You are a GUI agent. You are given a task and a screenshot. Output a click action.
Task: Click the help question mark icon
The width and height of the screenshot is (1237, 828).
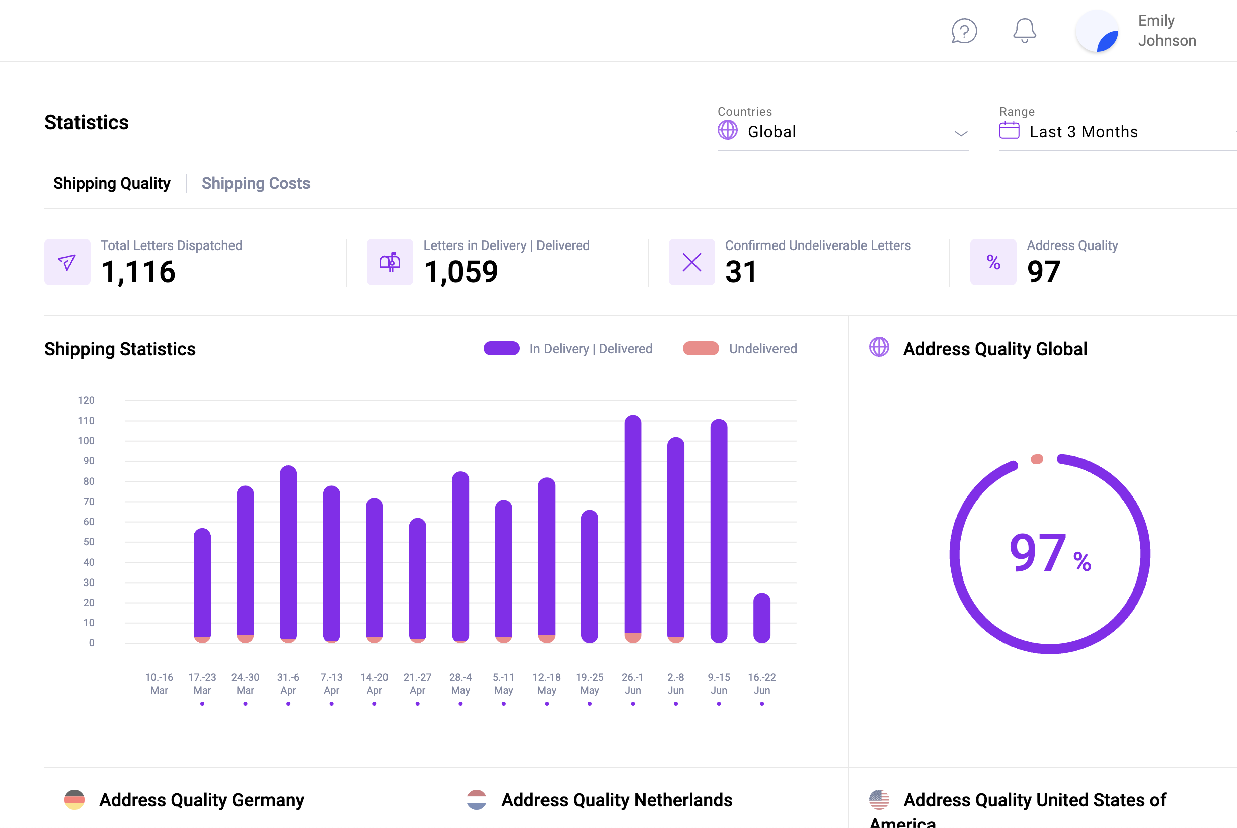pos(964,31)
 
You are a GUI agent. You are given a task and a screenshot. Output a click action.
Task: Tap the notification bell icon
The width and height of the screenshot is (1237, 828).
pos(1024,31)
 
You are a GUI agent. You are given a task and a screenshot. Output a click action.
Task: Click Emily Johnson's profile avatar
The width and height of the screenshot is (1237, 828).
pos(1098,32)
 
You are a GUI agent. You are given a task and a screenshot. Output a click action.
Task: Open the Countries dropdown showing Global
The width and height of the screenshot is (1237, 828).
pos(842,132)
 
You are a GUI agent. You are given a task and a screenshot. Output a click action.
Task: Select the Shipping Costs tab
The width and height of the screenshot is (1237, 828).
pos(256,183)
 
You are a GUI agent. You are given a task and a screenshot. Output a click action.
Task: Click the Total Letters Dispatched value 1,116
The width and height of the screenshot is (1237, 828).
pos(138,272)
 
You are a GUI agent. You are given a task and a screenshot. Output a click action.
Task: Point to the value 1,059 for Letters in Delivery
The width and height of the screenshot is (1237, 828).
pos(460,272)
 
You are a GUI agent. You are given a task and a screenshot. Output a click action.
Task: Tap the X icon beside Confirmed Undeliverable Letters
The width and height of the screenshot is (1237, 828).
pos(691,262)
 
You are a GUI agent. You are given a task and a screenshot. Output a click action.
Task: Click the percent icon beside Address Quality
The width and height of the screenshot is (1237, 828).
pos(993,262)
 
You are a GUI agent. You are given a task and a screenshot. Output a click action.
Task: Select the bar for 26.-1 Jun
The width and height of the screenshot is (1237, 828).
pos(633,528)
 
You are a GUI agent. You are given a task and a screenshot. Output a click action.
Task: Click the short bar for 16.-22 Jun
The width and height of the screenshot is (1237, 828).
pos(761,618)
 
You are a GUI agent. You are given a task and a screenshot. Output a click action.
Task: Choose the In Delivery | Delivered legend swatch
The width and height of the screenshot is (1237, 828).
pos(501,349)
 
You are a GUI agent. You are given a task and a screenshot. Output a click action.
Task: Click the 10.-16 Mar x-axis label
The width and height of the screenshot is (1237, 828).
pos(159,683)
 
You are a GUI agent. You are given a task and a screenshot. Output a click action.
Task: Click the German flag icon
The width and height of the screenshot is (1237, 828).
pos(74,799)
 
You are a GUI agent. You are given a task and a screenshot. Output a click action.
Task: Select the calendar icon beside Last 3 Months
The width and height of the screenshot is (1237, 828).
pos(1009,130)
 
